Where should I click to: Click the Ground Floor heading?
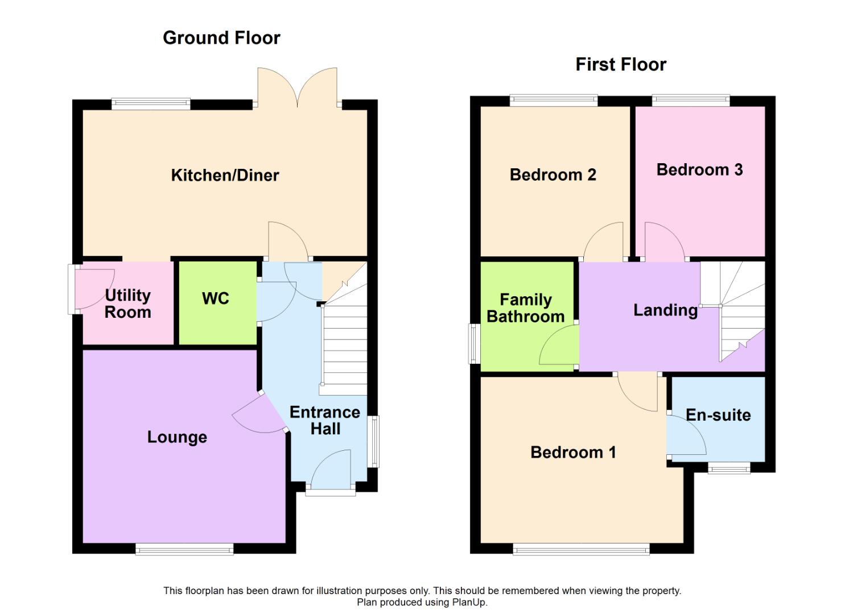[221, 38]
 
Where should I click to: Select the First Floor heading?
[621, 64]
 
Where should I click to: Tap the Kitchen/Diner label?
[225, 175]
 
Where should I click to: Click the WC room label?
[215, 298]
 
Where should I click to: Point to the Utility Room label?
[128, 304]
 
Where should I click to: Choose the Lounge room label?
[177, 437]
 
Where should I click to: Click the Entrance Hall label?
[325, 420]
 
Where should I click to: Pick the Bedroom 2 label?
[553, 175]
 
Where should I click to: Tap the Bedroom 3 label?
[699, 169]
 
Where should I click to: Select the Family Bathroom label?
[526, 308]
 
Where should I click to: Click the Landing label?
[665, 310]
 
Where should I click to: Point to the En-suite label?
[718, 415]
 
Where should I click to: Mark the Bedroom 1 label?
[573, 453]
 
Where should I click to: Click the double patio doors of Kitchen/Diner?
[297, 88]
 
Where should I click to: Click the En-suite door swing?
[686, 435]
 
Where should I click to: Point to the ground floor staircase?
[344, 347]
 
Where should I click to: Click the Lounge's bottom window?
[184, 549]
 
